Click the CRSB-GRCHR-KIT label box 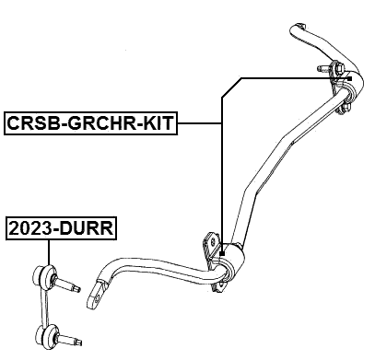(x=90, y=123)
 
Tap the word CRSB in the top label (x=32, y=123)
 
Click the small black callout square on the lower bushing (x=222, y=251)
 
